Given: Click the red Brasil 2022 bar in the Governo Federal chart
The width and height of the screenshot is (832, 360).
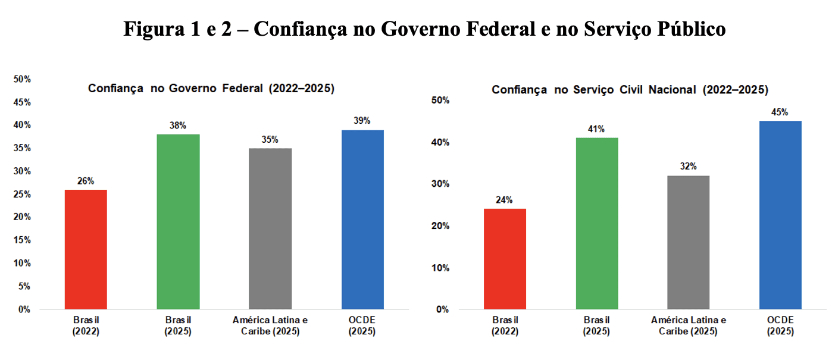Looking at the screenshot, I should (86, 249).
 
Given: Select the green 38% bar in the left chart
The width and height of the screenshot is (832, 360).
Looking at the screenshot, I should (178, 221).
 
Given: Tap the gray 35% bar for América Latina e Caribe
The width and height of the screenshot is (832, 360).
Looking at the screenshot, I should (270, 228).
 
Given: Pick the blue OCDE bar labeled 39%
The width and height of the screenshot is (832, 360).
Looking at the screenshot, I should (362, 220).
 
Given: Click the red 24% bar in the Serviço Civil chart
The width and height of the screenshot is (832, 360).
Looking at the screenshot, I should (505, 259).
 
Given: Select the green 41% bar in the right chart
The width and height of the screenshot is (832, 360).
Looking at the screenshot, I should (597, 223).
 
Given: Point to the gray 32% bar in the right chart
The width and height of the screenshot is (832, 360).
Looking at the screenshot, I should (688, 242).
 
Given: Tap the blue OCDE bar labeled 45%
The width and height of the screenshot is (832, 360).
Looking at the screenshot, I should (780, 215).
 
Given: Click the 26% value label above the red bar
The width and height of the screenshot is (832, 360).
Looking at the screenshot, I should (86, 181).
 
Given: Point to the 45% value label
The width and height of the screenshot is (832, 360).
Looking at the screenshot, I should (780, 112).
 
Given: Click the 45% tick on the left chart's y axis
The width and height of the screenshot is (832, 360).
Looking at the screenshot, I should (22, 102).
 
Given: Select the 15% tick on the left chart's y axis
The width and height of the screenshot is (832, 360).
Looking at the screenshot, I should (22, 240).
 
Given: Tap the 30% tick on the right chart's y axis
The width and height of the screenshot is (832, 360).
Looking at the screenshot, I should (440, 184).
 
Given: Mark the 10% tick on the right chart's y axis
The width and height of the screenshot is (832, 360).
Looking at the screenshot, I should (440, 268).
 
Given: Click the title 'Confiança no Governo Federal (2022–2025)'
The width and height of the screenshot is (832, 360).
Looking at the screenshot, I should (211, 89).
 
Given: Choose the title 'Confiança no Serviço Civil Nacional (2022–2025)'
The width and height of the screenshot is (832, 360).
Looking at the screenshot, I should (630, 90).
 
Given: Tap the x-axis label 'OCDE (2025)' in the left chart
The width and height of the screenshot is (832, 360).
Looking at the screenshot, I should (362, 326).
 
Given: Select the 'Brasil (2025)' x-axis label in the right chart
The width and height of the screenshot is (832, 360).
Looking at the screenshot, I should (597, 326).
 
